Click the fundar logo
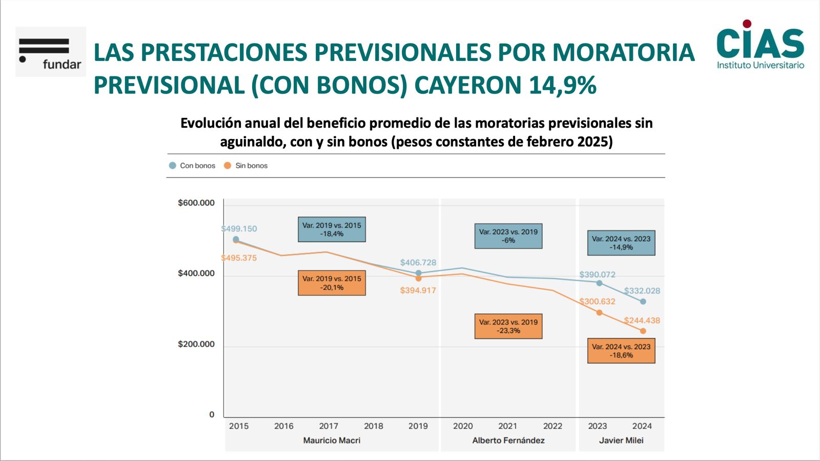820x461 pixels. [x=50, y=52]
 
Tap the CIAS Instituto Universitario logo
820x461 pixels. [x=760, y=45]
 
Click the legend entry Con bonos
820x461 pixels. [x=192, y=166]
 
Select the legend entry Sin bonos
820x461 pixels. [x=246, y=166]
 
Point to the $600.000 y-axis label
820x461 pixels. [x=196, y=203]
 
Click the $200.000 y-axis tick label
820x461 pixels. [x=196, y=344]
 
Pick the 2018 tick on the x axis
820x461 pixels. [x=373, y=426]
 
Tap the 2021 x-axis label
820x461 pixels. [x=507, y=426]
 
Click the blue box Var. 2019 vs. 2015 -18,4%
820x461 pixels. [x=332, y=229]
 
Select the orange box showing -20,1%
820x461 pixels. [x=332, y=283]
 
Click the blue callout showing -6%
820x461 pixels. [x=508, y=236]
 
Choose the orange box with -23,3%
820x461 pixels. [x=508, y=326]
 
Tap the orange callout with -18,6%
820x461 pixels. [x=621, y=351]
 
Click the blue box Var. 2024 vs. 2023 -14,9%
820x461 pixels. [x=621, y=243]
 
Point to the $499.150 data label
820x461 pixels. [x=239, y=229]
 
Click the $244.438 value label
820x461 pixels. [x=642, y=320]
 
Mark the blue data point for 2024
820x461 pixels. [x=643, y=302]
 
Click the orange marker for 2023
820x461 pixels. [x=599, y=313]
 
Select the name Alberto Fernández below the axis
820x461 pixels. [x=508, y=440]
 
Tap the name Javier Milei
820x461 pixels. [x=621, y=440]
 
